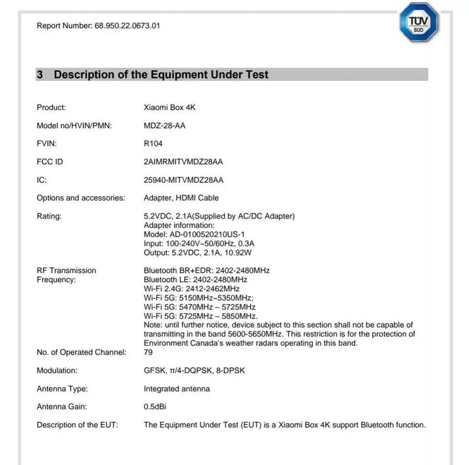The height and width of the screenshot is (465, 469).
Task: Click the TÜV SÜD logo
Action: pos(419,22)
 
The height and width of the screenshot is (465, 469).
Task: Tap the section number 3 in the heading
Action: pos(40,75)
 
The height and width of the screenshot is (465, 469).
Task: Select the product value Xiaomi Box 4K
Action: pos(169,107)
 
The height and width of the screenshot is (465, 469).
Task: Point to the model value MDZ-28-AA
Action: pos(164,125)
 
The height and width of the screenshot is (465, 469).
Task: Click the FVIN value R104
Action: pos(153,144)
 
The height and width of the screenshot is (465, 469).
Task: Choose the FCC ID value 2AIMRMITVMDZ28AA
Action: pos(183,162)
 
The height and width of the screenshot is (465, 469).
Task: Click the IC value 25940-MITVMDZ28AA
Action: pos(183,180)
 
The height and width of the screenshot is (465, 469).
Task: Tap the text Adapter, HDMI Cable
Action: pos(181,198)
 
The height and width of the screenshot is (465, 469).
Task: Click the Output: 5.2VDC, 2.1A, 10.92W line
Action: pos(198,252)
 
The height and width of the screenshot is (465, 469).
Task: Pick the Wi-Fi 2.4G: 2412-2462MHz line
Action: pos(191,288)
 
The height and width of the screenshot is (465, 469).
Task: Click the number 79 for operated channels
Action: pos(148,352)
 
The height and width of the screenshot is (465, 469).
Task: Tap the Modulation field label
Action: pos(57,370)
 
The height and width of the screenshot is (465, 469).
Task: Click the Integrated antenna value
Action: pos(177,388)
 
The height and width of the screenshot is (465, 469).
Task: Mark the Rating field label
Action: pos(49,216)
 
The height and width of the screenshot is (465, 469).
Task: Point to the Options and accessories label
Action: pos(81,198)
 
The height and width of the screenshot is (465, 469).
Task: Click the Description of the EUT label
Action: pos(77,425)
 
